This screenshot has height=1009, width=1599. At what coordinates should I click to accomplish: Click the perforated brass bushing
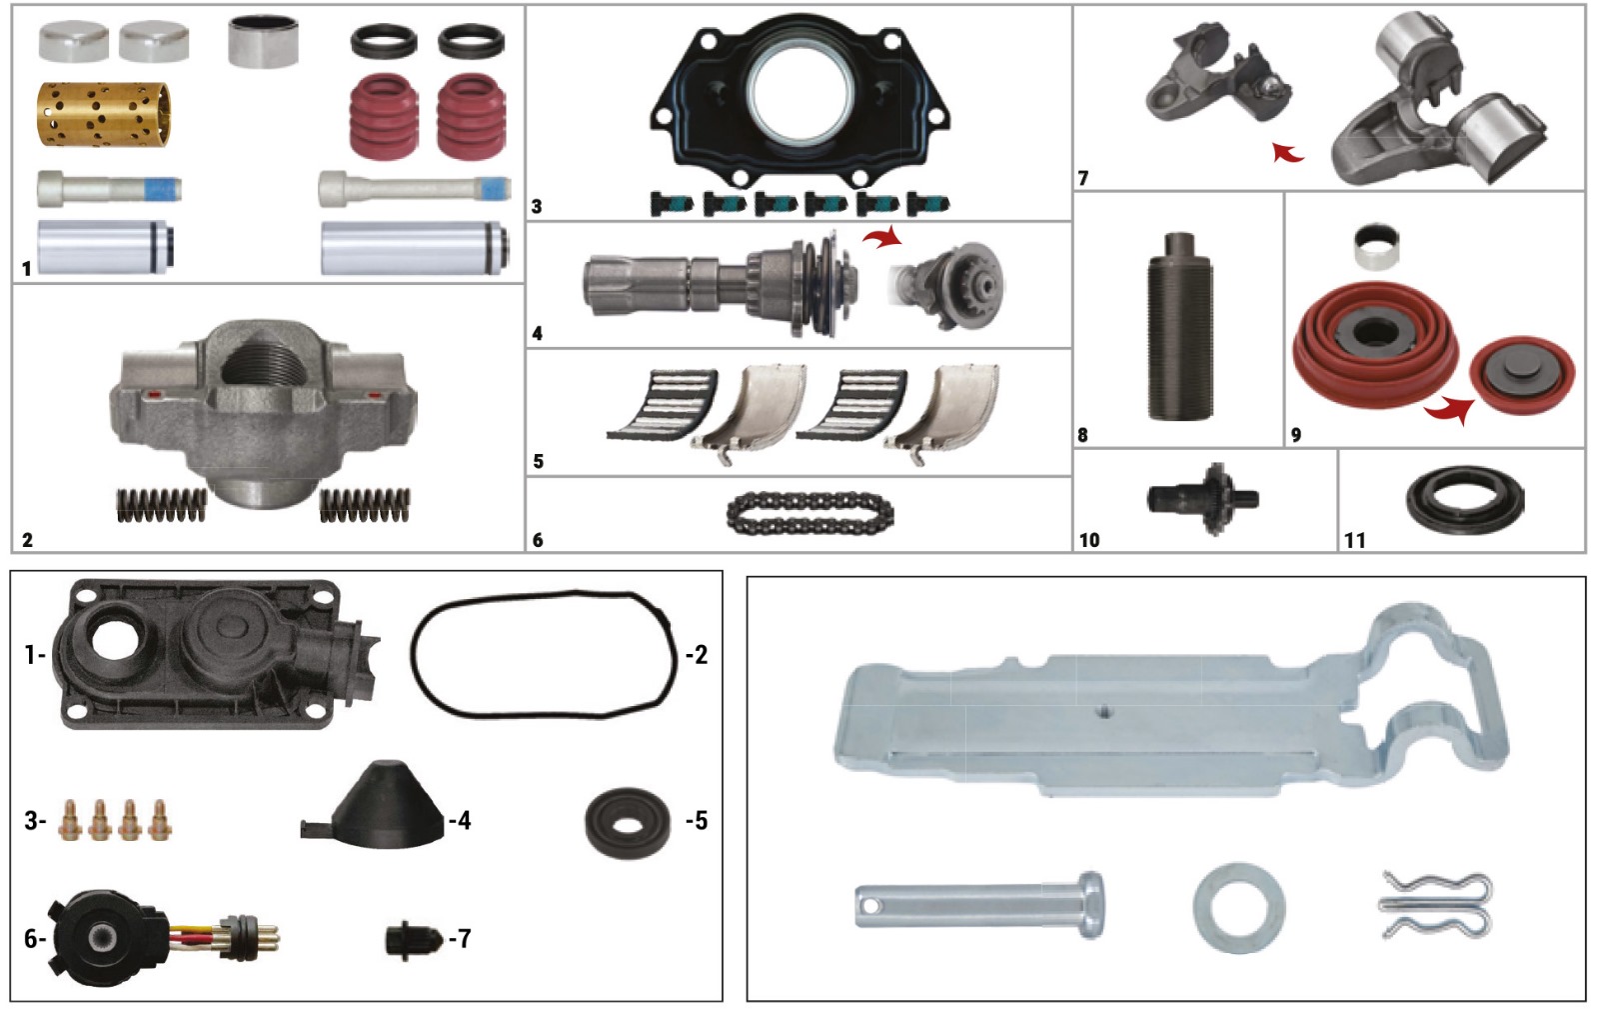pyautogui.click(x=104, y=114)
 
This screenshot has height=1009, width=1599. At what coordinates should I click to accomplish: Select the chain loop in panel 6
pyautogui.click(x=810, y=512)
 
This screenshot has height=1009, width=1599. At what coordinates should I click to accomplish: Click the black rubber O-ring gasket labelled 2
pyautogui.click(x=544, y=654)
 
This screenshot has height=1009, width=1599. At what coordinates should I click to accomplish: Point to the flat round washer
pyautogui.click(x=1239, y=907)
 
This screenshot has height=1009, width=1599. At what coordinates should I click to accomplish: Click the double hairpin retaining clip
pyautogui.click(x=1435, y=905)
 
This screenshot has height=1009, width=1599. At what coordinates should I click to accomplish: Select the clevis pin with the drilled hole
pyautogui.click(x=979, y=905)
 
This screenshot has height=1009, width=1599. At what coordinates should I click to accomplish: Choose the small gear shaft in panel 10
pyautogui.click(x=1203, y=498)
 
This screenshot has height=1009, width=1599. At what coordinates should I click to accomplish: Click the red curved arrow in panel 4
pyautogui.click(x=882, y=239)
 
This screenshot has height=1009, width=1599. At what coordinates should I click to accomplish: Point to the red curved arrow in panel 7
pyautogui.click(x=1288, y=153)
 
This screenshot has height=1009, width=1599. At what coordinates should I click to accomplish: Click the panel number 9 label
pyautogui.click(x=1296, y=434)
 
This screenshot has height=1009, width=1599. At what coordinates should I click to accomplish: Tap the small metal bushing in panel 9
pyautogui.click(x=1376, y=247)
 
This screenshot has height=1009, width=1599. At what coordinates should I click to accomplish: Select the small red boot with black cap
pyautogui.click(x=1522, y=375)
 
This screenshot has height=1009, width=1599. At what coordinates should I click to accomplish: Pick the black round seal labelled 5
pyautogui.click(x=628, y=823)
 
